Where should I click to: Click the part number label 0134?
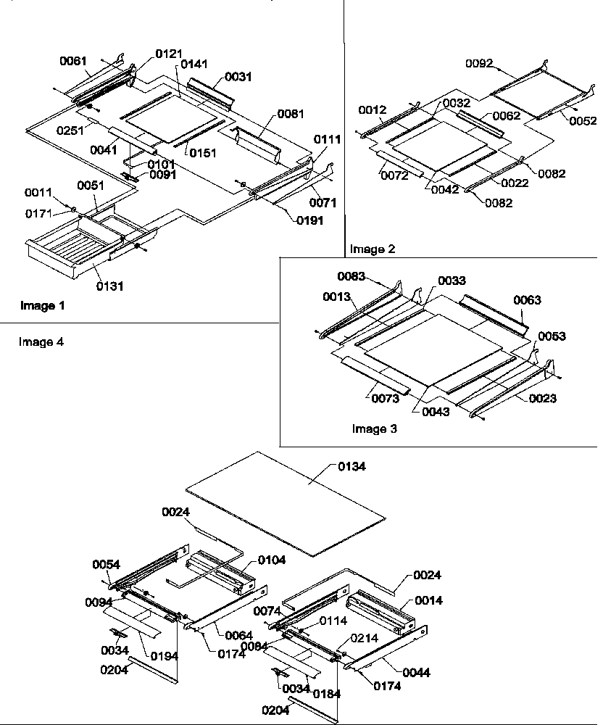click(x=352, y=467)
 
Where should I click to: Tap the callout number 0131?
click(x=110, y=286)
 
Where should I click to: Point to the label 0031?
click(x=238, y=77)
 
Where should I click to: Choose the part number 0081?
click(x=290, y=114)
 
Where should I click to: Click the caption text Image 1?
click(x=43, y=306)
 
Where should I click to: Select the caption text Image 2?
click(x=373, y=249)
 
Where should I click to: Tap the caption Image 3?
click(x=374, y=429)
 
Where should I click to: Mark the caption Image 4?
click(x=41, y=342)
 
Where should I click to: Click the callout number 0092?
click(x=479, y=64)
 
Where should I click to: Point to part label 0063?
click(x=528, y=299)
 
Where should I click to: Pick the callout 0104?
click(x=271, y=560)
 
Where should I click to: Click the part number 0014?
click(x=429, y=601)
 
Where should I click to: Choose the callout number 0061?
click(x=72, y=60)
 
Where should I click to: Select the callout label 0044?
click(x=416, y=673)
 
